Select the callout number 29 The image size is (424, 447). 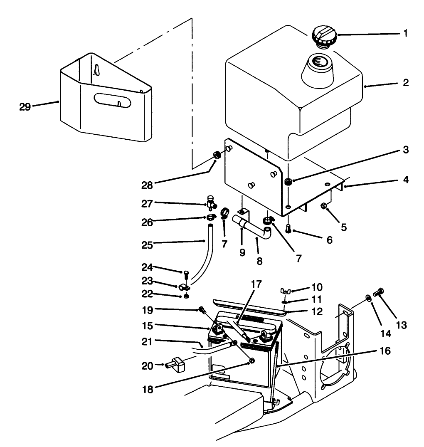point(25,106)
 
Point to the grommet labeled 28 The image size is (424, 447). point(217,156)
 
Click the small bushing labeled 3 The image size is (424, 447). point(288,182)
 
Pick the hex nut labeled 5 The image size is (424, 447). point(324,207)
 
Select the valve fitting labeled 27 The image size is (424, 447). point(212,203)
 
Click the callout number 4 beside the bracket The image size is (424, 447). point(405,180)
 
